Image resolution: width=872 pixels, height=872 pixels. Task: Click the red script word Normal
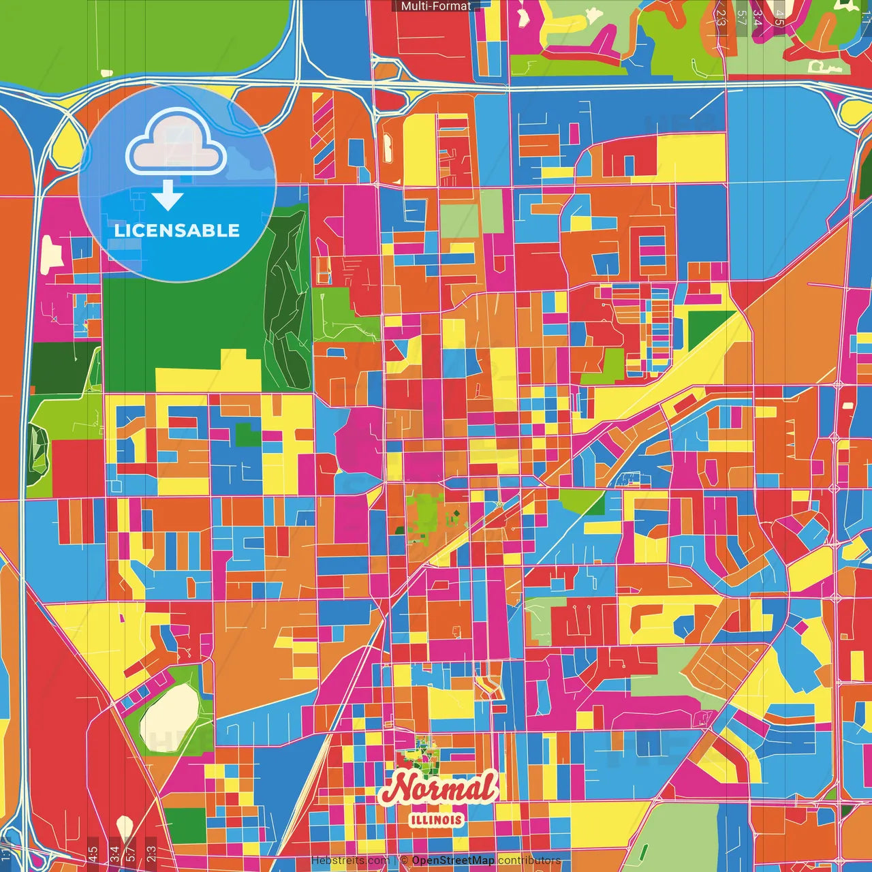[439, 789]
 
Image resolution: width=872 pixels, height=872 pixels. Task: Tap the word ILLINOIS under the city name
[437, 820]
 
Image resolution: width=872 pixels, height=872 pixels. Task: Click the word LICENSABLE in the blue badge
[176, 230]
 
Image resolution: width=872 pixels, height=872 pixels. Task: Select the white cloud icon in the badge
[176, 142]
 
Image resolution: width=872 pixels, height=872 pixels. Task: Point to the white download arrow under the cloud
[167, 196]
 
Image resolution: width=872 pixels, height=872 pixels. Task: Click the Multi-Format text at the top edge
[435, 6]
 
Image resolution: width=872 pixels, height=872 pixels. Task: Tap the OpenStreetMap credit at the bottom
[452, 860]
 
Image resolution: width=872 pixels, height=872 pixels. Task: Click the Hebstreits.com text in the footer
[350, 860]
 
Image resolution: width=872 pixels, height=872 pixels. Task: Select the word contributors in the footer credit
[529, 860]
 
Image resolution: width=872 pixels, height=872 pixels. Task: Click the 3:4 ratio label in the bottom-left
[114, 853]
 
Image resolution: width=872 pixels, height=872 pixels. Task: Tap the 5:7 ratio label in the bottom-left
[131, 853]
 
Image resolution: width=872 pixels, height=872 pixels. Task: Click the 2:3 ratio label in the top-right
[721, 18]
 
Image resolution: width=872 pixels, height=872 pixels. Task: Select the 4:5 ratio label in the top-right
[779, 18]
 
